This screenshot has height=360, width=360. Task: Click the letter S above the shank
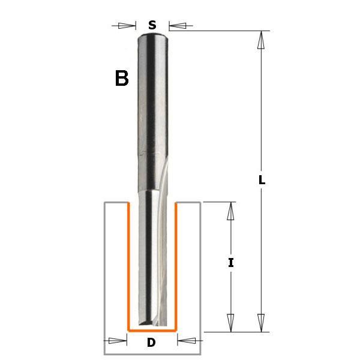click(152, 25)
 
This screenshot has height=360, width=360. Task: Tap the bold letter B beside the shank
click(122, 79)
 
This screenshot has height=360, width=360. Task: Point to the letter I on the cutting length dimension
click(231, 263)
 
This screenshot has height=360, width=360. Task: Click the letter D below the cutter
click(152, 344)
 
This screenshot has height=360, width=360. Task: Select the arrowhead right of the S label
click(178, 25)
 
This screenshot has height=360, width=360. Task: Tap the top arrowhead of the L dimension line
click(261, 40)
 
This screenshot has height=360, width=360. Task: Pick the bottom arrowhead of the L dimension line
click(261, 322)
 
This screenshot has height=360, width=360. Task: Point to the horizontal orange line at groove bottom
click(152, 331)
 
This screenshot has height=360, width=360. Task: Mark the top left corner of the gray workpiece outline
click(104, 203)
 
